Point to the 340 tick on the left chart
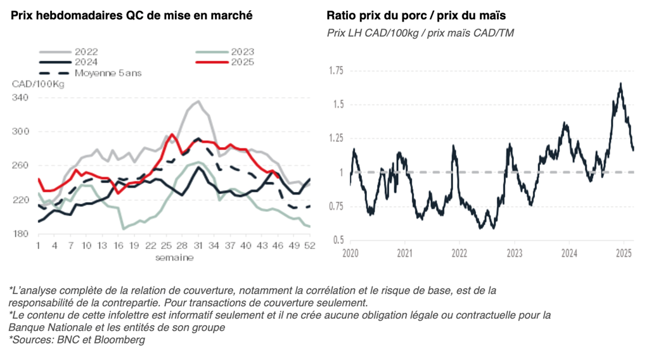click(x=20, y=98)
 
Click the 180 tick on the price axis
click(x=20, y=234)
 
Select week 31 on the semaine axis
click(x=198, y=246)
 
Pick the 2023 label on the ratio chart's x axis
click(x=514, y=254)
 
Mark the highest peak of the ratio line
click(x=620, y=84)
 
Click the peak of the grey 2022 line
click(x=198, y=101)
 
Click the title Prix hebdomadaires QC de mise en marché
click(x=132, y=15)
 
